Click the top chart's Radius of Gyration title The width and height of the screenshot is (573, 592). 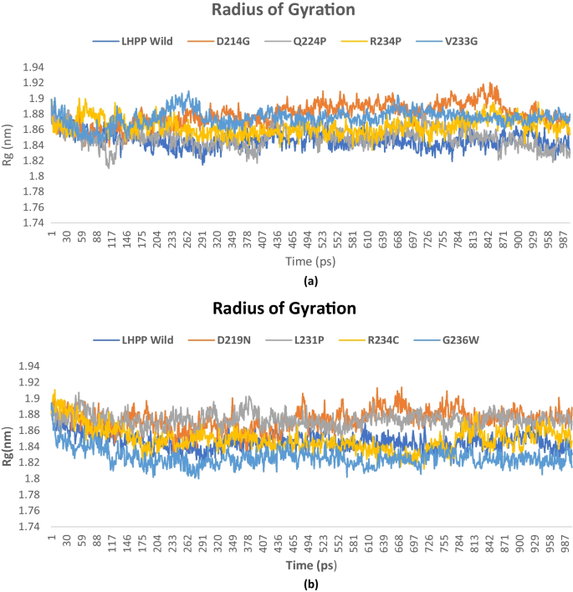287,10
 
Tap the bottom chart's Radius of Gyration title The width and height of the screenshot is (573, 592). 287,309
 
